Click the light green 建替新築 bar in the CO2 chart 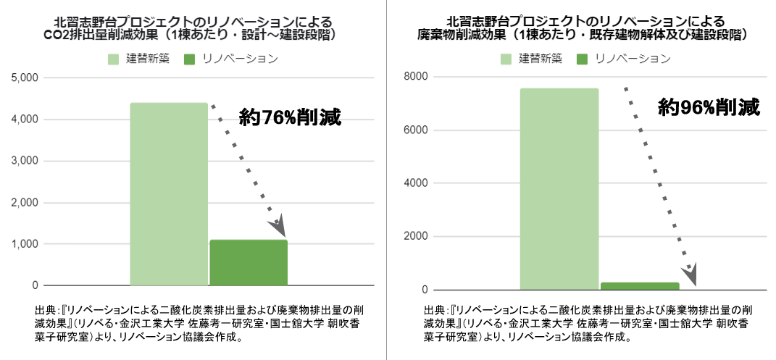click(x=169, y=194)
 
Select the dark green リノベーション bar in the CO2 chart click(x=249, y=262)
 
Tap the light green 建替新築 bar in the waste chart click(x=559, y=189)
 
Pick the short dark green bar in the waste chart click(x=640, y=286)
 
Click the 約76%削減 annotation click(x=289, y=116)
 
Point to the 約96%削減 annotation click(x=709, y=108)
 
